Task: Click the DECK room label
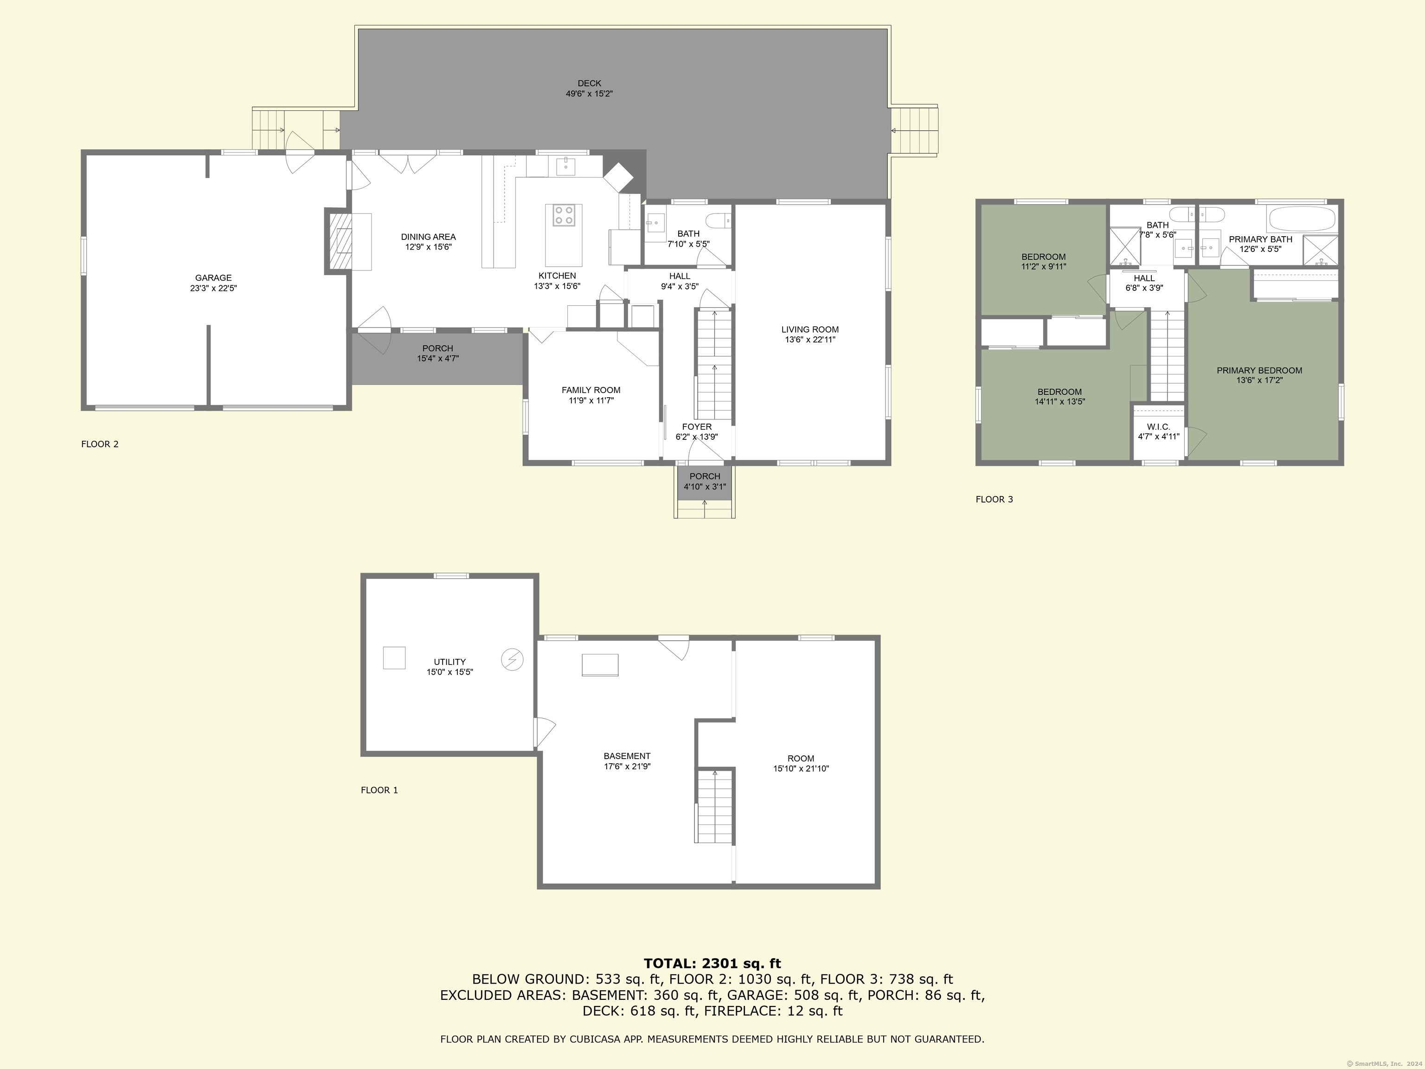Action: pos(589,83)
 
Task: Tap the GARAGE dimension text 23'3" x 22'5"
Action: pos(213,289)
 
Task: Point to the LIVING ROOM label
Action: pos(810,329)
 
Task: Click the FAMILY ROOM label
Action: pos(591,390)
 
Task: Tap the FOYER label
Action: pos(697,426)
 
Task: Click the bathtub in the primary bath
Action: pos(1301,219)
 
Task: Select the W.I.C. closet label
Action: pos(1158,426)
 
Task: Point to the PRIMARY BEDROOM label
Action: pos(1259,371)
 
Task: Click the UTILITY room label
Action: pos(449,662)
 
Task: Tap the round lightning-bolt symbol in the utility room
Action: pos(513,660)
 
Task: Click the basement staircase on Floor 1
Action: pos(714,806)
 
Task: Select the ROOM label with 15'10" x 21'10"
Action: pos(801,759)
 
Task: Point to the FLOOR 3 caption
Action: pos(994,499)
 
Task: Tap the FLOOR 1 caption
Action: pos(379,790)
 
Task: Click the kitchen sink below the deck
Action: pos(565,166)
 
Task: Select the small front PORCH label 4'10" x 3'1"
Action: pos(705,476)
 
